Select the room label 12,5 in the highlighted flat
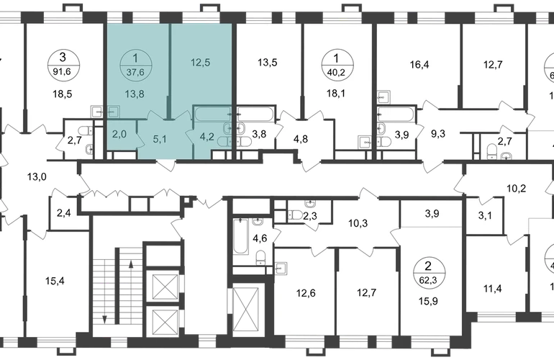coord(200,62)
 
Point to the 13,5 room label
coord(268,63)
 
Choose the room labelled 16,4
coord(419,65)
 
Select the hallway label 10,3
coord(358,223)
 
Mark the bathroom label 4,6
coord(260,238)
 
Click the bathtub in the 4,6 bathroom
coord(240,236)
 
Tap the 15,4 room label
coord(55,281)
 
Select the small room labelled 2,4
coord(63,212)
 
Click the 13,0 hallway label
coord(37,176)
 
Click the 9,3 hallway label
coord(438,134)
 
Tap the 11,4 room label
coord(493,289)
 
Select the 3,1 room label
coord(485,215)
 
